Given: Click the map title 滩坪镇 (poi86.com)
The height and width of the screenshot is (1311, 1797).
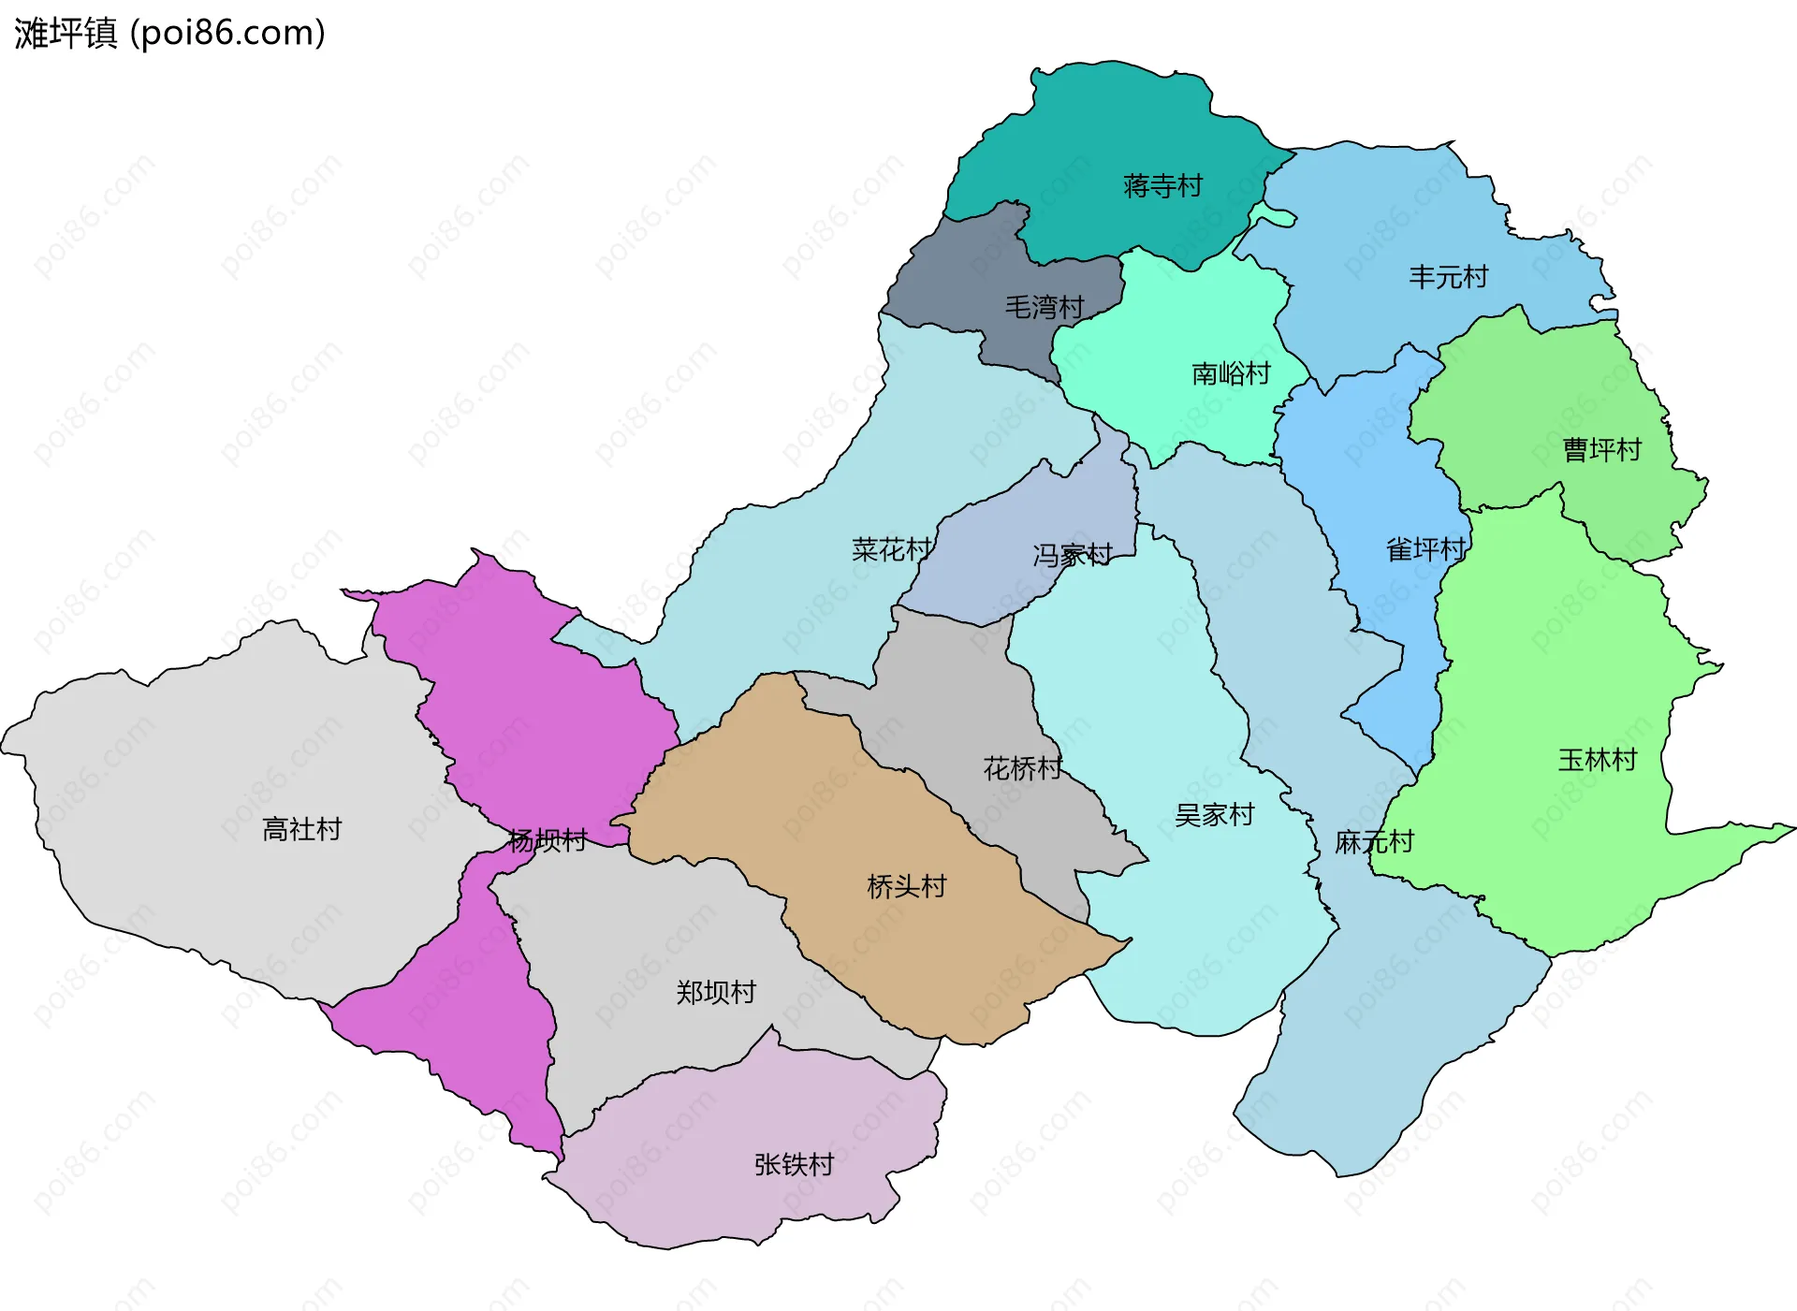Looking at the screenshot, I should tap(169, 34).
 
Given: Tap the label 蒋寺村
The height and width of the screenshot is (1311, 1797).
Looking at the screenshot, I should tap(1162, 186).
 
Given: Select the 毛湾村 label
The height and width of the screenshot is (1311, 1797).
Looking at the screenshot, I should tap(1045, 307).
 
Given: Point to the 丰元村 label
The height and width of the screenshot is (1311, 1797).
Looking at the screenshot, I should tap(1448, 277).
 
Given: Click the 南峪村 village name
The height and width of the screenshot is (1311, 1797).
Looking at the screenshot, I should tap(1231, 374).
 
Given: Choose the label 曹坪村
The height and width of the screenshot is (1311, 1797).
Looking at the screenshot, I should tap(1601, 450).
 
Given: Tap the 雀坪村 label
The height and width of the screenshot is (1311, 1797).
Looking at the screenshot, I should tap(1425, 549).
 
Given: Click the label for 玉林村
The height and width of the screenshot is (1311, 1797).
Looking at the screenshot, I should tap(1597, 760).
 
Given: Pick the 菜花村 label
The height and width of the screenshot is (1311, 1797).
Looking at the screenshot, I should tap(891, 549).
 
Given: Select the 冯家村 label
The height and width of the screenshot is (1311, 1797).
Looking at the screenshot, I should tap(1073, 556).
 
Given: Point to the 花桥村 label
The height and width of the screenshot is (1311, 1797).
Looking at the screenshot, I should tap(1023, 768).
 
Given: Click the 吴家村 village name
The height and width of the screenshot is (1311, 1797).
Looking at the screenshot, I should tap(1214, 815).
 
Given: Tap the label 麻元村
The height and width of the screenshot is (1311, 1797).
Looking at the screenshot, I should tap(1374, 842).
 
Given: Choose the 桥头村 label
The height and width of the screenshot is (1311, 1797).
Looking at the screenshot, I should tap(907, 886).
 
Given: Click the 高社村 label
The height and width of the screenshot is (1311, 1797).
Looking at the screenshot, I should tap(301, 829).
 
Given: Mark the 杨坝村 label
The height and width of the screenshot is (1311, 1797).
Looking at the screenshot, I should tap(548, 840).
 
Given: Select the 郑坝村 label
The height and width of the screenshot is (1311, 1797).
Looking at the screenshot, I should tap(716, 992).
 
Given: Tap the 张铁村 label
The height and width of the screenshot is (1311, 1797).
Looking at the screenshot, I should tap(794, 1164).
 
